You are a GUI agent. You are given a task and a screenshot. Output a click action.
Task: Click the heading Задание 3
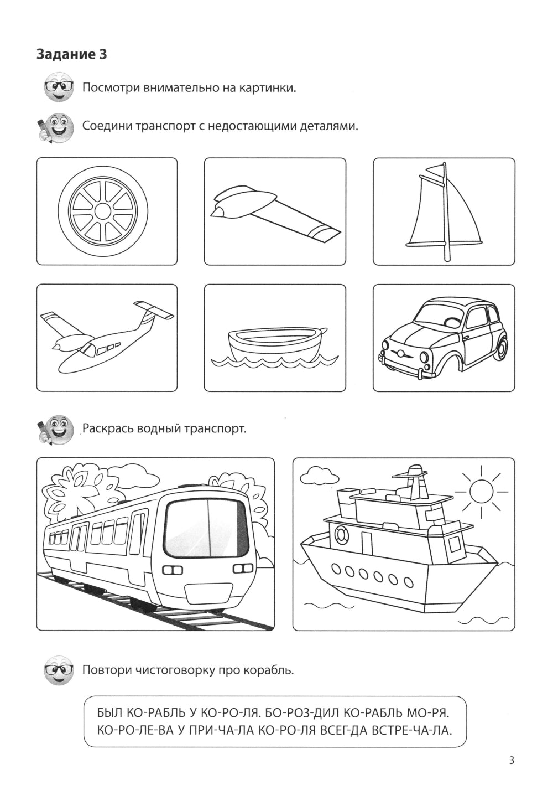[71, 54]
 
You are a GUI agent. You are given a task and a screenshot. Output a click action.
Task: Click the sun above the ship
[481, 490]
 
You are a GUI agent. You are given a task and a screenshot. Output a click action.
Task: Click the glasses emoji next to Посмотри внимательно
[59, 87]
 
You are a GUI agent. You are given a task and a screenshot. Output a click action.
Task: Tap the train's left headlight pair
[173, 570]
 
